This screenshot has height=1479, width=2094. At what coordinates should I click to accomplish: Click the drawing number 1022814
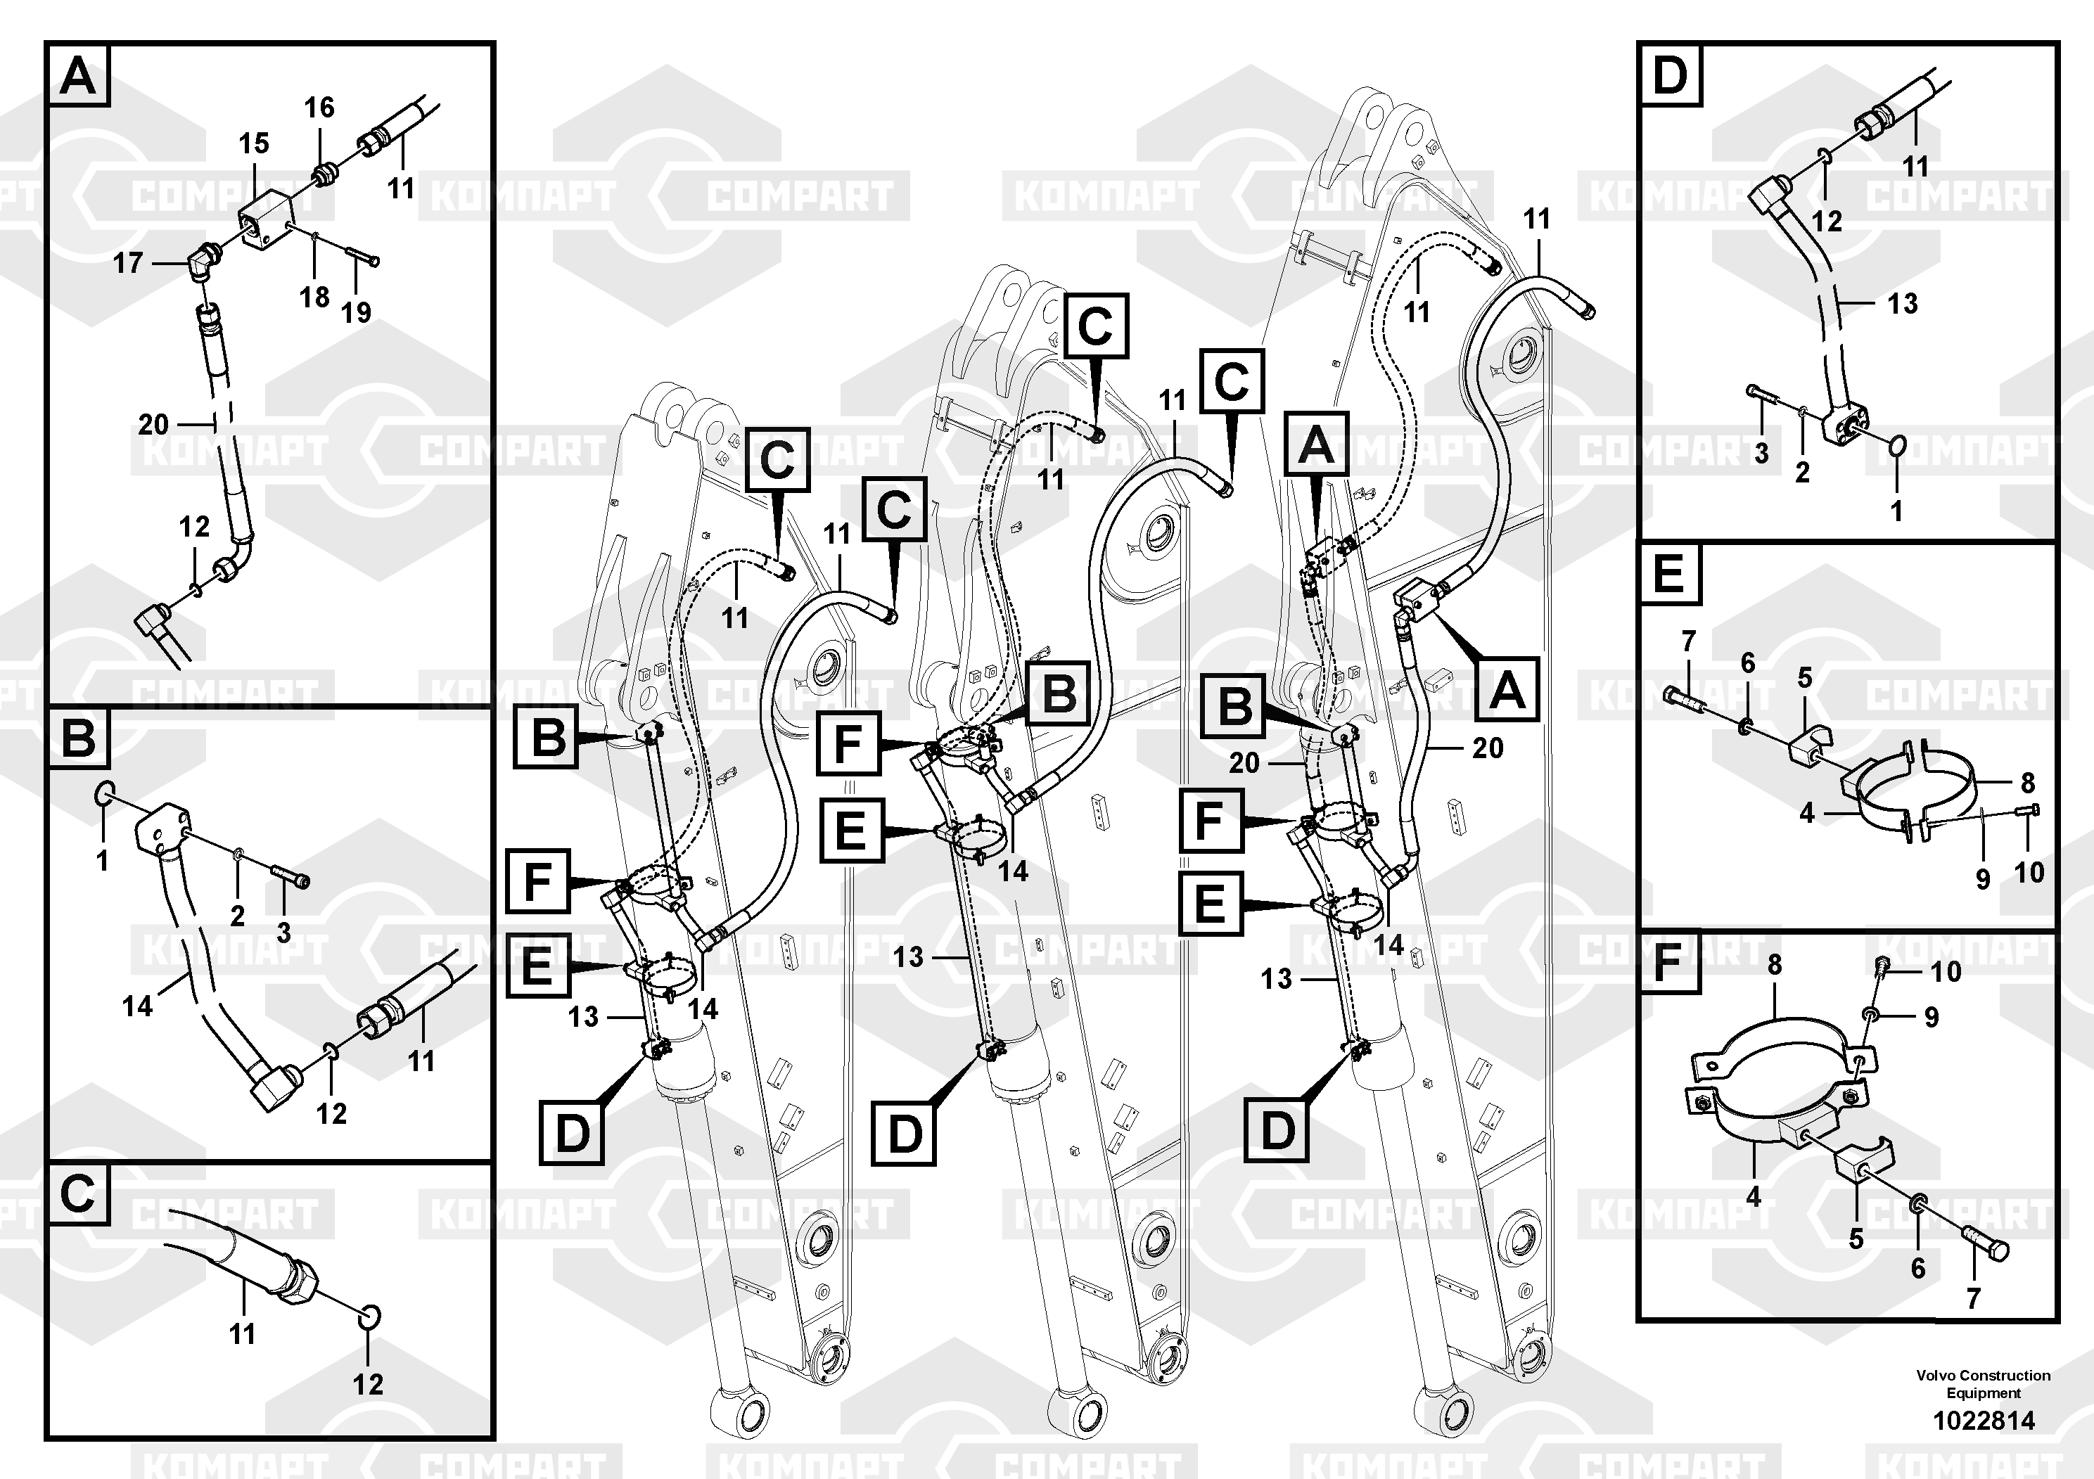tap(1984, 1421)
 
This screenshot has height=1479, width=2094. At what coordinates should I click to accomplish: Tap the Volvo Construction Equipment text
tap(1984, 1383)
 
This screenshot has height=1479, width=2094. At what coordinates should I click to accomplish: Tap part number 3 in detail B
tap(283, 932)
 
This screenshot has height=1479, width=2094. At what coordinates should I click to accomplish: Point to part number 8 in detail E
tap(2027, 782)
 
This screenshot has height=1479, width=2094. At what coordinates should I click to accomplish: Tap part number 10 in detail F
tap(1946, 971)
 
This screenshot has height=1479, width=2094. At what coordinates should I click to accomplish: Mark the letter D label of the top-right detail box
tap(1670, 75)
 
